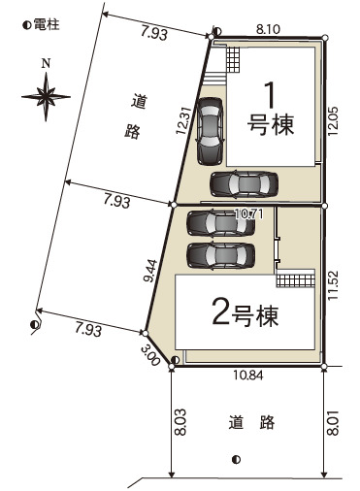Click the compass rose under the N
pyautogui.click(x=46, y=97)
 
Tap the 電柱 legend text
pyautogui.click(x=47, y=24)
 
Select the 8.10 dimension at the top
pyautogui.click(x=268, y=30)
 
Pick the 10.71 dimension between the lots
pyautogui.click(x=248, y=213)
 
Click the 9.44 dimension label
pyautogui.click(x=150, y=271)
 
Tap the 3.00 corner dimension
pyautogui.click(x=150, y=355)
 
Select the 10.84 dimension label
pyautogui.click(x=248, y=376)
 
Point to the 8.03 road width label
pyautogui.click(x=181, y=422)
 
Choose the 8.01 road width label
pyautogui.click(x=334, y=422)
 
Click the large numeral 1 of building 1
pyautogui.click(x=270, y=95)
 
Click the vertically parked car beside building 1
pyautogui.click(x=210, y=131)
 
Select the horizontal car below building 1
pyautogui.click(x=244, y=184)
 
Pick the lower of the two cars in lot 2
pyautogui.click(x=221, y=256)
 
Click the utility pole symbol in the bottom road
pyautogui.click(x=236, y=459)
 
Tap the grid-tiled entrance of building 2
pyautogui.click(x=295, y=280)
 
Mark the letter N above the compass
pyautogui.click(x=46, y=64)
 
